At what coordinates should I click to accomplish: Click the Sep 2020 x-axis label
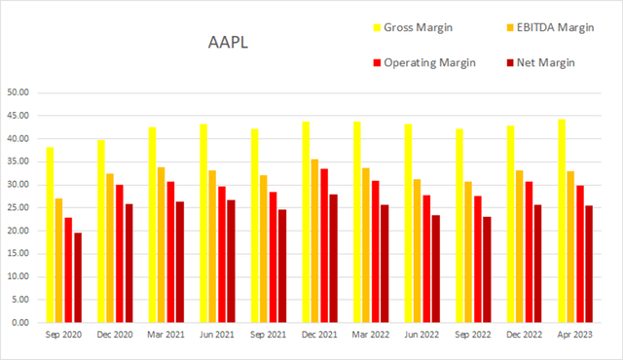pyautogui.click(x=66, y=336)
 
